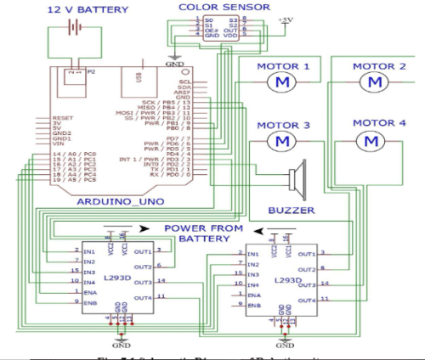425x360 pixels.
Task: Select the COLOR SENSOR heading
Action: click(x=212, y=7)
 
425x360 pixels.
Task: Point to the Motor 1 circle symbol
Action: click(x=279, y=81)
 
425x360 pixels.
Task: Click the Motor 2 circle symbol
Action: click(x=371, y=81)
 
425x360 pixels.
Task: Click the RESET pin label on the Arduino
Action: click(x=63, y=118)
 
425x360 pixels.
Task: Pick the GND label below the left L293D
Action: click(x=122, y=346)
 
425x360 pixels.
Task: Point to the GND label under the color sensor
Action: click(x=174, y=63)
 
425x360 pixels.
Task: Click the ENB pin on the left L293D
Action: click(x=89, y=301)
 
